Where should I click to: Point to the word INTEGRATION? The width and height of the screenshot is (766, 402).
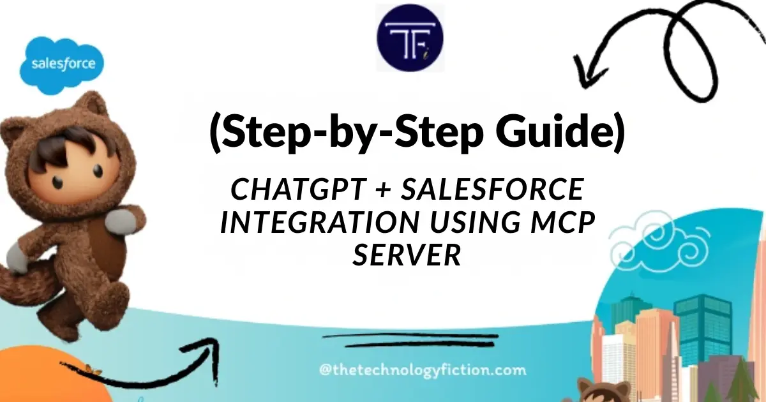pos(319,223)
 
